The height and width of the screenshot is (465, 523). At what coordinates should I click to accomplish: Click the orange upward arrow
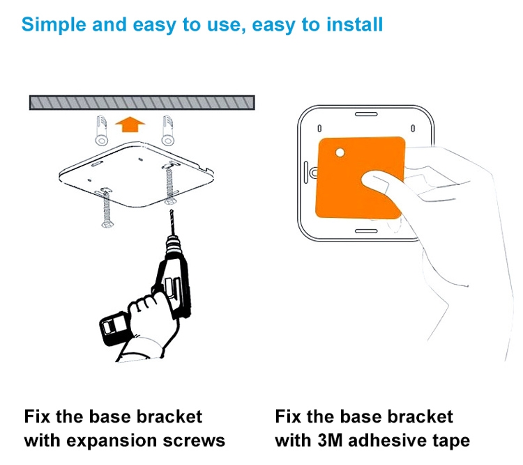point(130,125)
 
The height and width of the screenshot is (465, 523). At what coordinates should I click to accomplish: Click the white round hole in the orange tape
point(340,152)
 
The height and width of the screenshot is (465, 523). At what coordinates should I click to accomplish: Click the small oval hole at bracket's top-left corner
point(319,129)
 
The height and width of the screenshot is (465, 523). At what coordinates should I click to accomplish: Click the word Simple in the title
point(53,24)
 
